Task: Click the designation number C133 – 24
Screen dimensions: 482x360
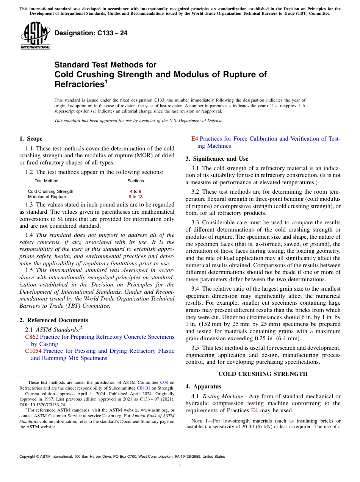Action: [x=91, y=33]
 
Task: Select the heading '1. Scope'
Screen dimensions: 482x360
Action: [x=31, y=139]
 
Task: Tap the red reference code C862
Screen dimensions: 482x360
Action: [x=31, y=337]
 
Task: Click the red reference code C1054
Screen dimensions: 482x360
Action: [x=33, y=351]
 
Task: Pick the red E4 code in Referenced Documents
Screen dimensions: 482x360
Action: [x=194, y=139]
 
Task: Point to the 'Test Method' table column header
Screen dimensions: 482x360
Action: [x=46, y=181]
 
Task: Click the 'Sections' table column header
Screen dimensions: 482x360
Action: [x=135, y=181]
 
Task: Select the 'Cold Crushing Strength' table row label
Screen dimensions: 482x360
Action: [x=50, y=191]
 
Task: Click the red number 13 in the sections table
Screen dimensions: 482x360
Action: [x=140, y=197]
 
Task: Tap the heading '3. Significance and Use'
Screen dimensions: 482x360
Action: [x=217, y=159]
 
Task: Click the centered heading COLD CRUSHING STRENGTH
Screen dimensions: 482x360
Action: [x=263, y=374]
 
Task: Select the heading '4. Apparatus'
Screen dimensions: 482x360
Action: [x=203, y=387]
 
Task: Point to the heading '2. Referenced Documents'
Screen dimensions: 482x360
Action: [x=53, y=320]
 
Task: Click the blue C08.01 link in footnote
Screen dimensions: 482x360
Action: [x=143, y=388]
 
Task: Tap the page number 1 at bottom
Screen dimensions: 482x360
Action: [x=180, y=466]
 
